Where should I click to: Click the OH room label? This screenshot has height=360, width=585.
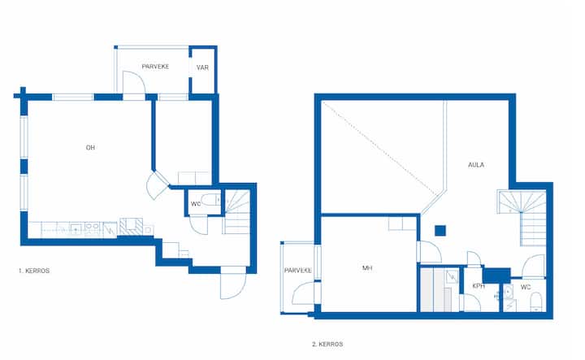tap(90, 148)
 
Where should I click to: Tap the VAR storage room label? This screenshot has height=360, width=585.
tap(202, 67)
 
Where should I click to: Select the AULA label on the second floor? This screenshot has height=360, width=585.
tap(476, 165)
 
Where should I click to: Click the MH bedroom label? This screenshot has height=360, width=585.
tap(367, 268)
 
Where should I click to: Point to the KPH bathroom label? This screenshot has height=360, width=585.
tap(479, 286)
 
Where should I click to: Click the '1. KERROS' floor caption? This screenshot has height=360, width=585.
tap(34, 271)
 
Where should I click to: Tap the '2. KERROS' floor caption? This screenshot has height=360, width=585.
tap(327, 344)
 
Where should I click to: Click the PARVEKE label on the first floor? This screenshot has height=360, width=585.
tap(155, 67)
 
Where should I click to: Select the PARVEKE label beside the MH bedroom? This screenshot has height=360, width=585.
tap(298, 271)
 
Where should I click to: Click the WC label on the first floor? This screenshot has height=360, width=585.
tap(196, 204)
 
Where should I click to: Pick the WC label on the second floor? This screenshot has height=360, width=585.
tap(526, 287)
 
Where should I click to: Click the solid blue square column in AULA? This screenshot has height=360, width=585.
tap(440, 231)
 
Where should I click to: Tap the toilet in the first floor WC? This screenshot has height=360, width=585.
tap(211, 200)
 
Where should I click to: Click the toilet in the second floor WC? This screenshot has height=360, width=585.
tap(536, 301)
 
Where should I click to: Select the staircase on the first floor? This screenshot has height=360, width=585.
tap(236, 212)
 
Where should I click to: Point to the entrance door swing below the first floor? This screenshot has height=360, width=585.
tap(233, 283)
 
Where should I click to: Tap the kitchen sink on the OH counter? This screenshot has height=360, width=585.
tap(76, 228)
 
